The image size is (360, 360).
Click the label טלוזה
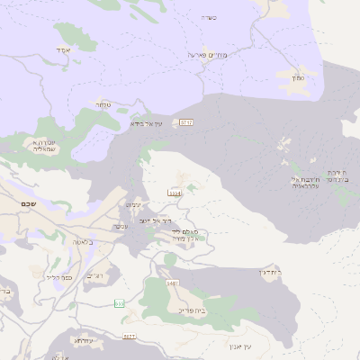[104, 104]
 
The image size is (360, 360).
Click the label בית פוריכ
[191, 310]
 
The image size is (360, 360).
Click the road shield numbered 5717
[186, 121]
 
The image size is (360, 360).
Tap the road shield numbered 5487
[173, 283]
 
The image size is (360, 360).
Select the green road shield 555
[120, 303]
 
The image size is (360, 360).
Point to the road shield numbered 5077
[130, 336]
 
